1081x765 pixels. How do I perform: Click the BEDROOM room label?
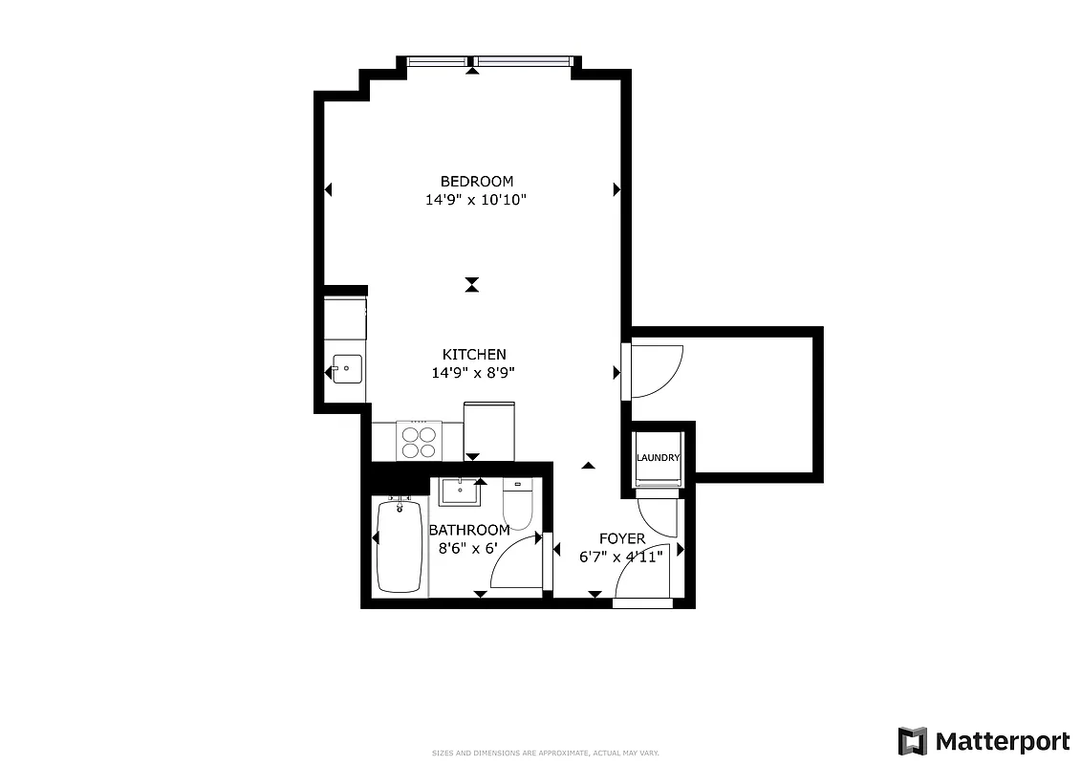476,181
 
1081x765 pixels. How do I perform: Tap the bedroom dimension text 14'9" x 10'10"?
476,201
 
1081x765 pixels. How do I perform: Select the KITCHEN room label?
473,354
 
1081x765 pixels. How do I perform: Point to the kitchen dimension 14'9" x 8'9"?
473,373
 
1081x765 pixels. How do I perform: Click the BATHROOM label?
468,530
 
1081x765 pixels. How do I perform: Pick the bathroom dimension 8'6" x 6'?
468,549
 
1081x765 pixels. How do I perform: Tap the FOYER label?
621,538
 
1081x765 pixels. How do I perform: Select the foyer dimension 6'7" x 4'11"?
621,557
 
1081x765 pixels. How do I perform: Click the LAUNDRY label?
659,458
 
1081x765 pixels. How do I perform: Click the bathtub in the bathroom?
400,546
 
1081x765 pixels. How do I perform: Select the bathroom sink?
461,492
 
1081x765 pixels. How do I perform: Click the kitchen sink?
346,368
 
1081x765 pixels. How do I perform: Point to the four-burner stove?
420,442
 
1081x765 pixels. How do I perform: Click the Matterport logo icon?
912,741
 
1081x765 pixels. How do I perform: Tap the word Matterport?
1003,741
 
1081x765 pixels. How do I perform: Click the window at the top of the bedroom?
489,62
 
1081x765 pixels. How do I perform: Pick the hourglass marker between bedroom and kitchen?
471,284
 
